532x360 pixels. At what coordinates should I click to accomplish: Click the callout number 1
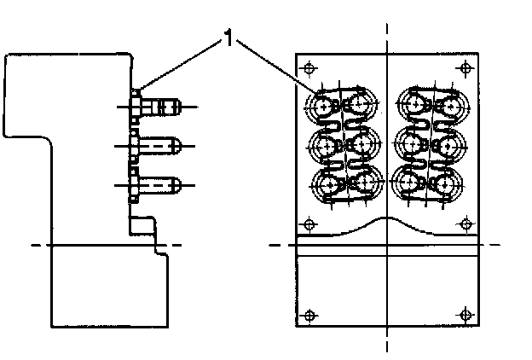tap(228, 38)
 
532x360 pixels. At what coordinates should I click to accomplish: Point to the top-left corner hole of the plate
tap(309, 67)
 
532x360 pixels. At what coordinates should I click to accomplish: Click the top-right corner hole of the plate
tap(464, 67)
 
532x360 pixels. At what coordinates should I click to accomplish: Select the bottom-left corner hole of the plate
tap(309, 314)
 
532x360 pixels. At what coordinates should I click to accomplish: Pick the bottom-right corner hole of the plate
tap(464, 314)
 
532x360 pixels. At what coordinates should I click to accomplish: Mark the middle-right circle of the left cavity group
tap(363, 144)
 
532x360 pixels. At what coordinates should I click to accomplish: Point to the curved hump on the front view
tap(386, 220)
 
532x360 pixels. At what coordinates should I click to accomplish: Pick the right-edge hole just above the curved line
tap(464, 224)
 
